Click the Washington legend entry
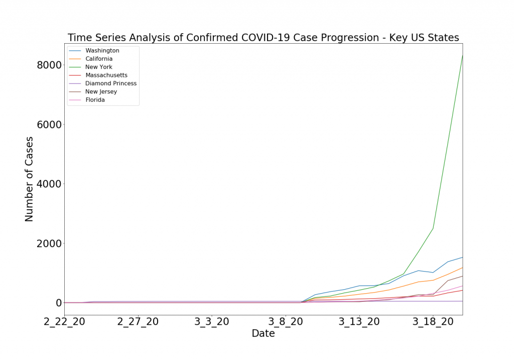102,51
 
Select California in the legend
99,59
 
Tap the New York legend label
98,67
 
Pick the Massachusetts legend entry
106,75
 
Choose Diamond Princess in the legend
110,83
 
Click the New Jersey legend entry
101,92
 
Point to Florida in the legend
95,100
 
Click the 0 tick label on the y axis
58,303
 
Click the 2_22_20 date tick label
65,322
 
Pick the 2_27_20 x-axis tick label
138,322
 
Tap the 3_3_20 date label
211,322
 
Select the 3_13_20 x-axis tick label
359,322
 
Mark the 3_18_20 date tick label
433,322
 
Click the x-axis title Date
263,334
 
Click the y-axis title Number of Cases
29,179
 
